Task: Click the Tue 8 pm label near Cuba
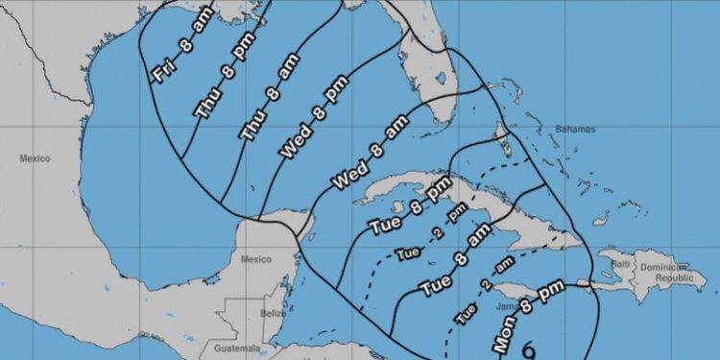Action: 410,211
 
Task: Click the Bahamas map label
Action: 575,130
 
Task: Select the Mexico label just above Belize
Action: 256,259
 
